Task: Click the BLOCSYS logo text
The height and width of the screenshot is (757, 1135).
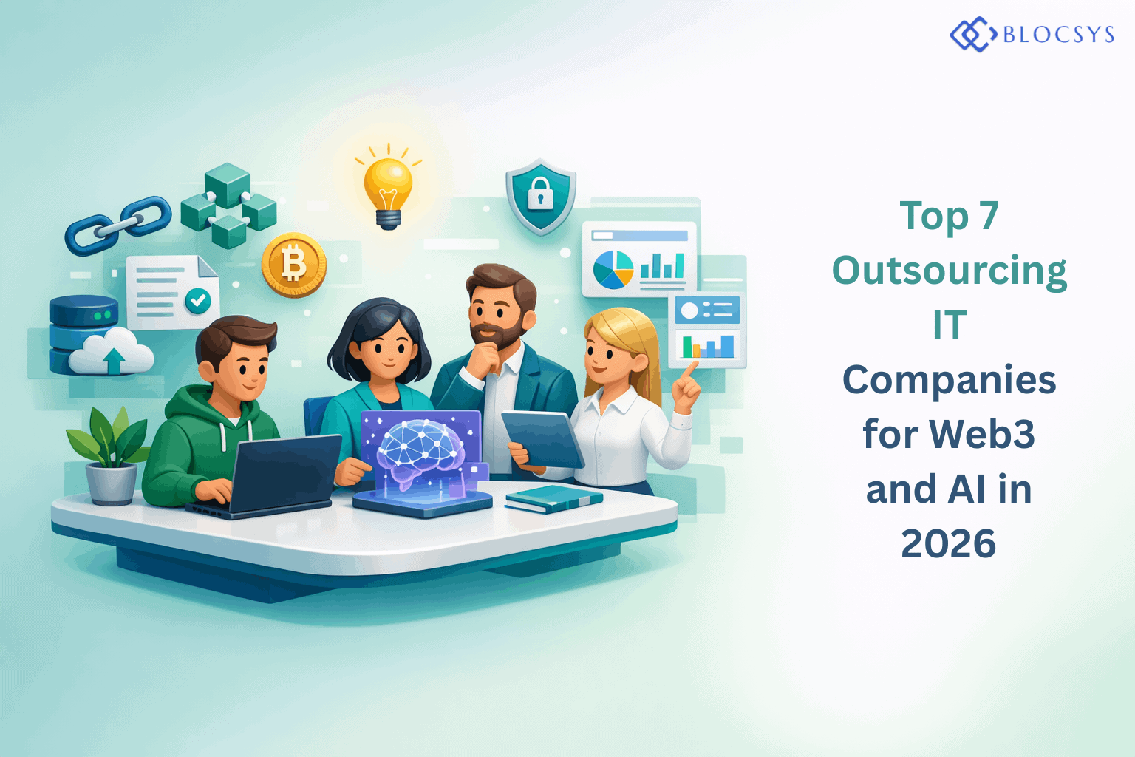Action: [x=1057, y=35]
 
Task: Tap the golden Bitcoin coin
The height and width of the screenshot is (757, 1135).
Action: [x=293, y=264]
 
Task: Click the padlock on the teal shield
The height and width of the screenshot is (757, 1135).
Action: [x=540, y=194]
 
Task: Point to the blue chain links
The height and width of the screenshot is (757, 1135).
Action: [x=118, y=225]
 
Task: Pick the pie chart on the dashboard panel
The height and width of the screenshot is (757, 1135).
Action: [x=613, y=270]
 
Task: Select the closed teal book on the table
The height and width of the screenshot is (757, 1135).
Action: [x=553, y=498]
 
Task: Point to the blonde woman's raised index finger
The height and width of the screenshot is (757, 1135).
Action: [x=692, y=369]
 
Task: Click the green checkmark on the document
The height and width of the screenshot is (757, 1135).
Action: [x=197, y=300]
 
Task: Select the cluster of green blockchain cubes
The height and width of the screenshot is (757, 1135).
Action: [x=228, y=205]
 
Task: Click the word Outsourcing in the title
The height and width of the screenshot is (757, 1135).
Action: [x=949, y=271]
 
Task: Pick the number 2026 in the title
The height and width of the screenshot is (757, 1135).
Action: [x=948, y=544]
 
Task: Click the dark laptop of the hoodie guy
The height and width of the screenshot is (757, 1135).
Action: [x=284, y=473]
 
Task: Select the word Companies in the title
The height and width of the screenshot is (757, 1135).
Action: [x=949, y=380]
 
